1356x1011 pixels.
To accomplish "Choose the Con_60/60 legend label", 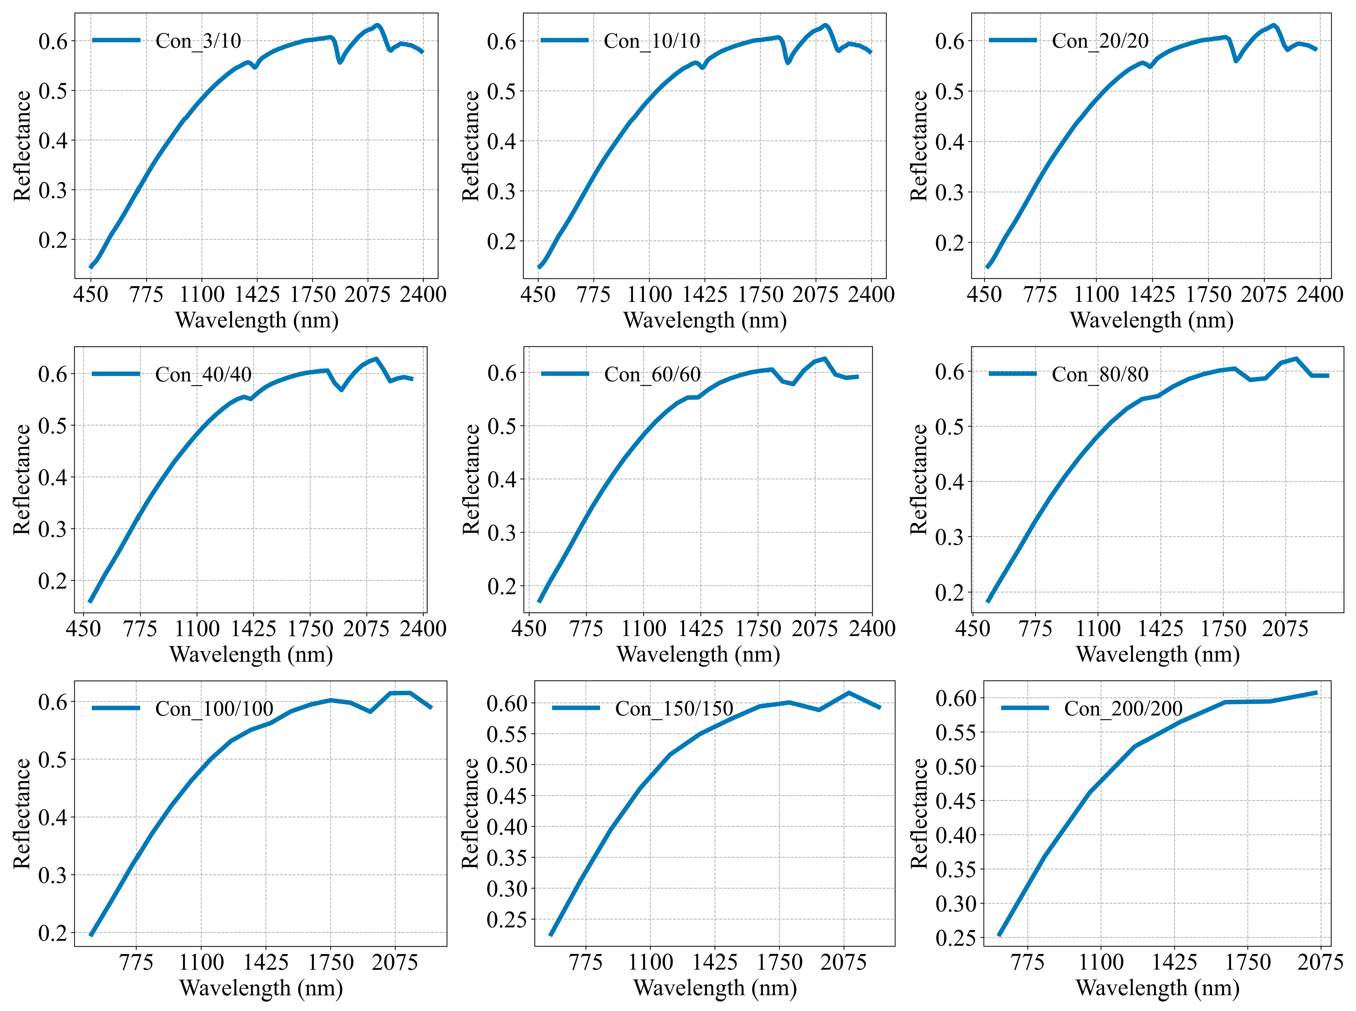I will (x=652, y=374).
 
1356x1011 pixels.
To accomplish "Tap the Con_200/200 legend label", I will (x=1123, y=709).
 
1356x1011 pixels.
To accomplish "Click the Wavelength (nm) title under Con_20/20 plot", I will (x=1151, y=320).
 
